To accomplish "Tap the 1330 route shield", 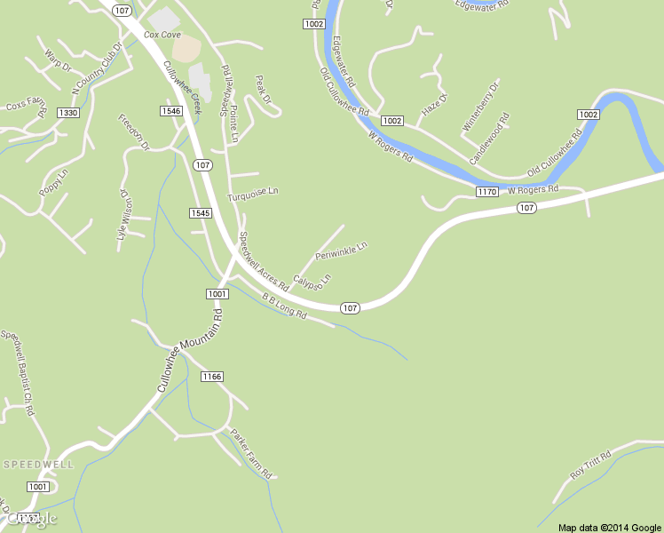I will [x=67, y=113].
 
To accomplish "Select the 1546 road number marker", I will [x=171, y=111].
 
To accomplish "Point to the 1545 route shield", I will [x=200, y=213].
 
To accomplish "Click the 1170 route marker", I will [x=486, y=192].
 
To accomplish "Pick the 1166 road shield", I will [x=211, y=377].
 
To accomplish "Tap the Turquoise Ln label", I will [x=253, y=192].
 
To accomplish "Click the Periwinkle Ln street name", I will [x=341, y=250].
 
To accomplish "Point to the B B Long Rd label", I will [x=283, y=306].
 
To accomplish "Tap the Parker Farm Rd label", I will [x=250, y=453].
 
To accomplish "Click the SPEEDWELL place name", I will [x=38, y=465].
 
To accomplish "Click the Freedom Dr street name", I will [x=135, y=131].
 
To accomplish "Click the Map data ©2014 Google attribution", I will [x=610, y=528].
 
